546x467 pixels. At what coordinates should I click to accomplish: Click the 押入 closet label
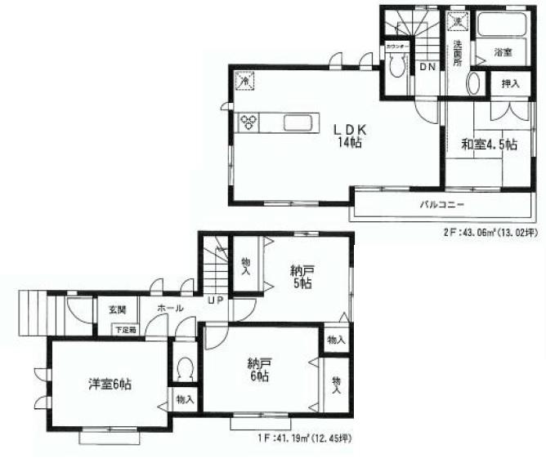[508, 85]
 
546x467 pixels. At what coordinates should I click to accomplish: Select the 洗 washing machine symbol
[459, 22]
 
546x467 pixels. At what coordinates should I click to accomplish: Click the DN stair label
[426, 66]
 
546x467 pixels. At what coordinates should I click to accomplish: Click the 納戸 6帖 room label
[260, 370]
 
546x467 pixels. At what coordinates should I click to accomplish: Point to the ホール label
[169, 309]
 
